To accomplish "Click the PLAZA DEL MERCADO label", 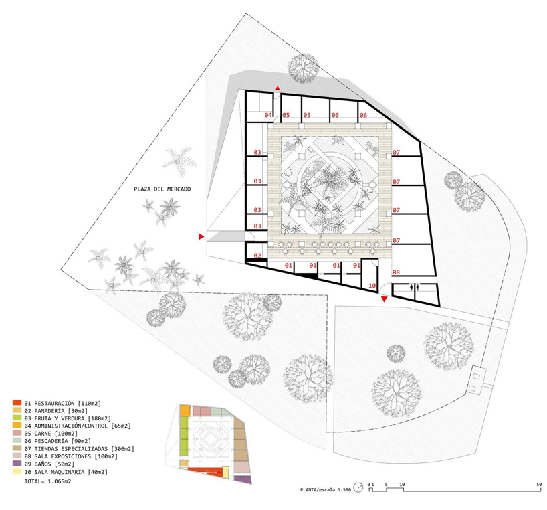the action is (162, 189).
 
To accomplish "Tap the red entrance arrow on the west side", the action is (201, 237).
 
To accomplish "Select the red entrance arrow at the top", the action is (278, 88).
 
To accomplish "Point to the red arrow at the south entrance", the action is (384, 299).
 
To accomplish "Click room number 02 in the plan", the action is (257, 256).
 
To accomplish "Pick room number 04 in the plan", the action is (268, 115).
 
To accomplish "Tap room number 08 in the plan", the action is (396, 272).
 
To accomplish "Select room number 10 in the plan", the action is (372, 286).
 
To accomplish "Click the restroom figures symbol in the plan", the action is (415, 287).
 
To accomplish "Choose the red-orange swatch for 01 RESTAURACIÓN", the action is (17, 403).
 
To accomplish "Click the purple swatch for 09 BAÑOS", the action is (17, 464).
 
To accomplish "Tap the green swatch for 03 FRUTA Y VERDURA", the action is (17, 418).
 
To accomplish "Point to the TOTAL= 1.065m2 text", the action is (47, 481).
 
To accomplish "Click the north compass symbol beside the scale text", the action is (358, 488).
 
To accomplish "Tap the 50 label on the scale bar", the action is (540, 484).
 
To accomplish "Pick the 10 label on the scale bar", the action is (402, 484).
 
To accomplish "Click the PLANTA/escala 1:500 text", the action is (326, 489).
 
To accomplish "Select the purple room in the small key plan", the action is (243, 480).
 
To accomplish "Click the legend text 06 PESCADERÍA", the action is (46, 441).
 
